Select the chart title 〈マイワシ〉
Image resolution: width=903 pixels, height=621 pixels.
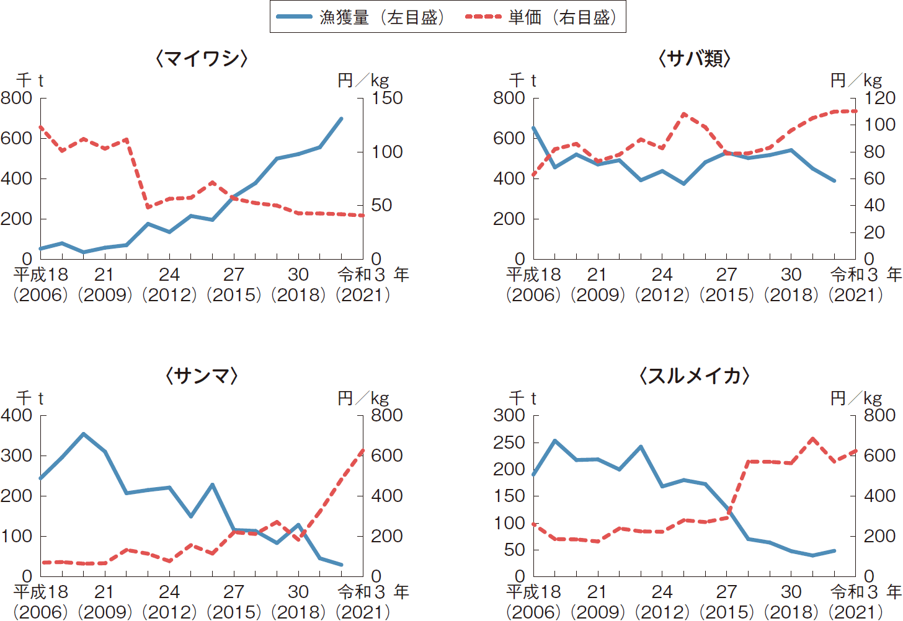202,59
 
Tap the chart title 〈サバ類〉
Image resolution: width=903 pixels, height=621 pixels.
694,59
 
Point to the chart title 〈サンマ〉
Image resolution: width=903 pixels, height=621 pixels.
202,376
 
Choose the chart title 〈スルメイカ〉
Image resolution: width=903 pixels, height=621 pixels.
694,376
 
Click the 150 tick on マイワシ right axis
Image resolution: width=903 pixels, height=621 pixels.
387,98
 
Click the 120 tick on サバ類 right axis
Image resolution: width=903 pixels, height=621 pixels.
879,98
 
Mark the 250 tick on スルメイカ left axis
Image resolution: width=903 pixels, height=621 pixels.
509,443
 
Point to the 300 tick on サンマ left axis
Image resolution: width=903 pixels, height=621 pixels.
17,456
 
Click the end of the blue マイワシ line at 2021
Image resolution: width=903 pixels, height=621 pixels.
342,118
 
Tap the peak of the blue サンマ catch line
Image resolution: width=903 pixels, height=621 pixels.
84,434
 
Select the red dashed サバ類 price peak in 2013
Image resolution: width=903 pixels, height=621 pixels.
683,115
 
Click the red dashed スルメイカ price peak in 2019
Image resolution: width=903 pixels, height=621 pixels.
812,439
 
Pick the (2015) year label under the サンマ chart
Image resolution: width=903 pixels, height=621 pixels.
234,612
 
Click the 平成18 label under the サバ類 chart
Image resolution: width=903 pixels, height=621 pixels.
533,275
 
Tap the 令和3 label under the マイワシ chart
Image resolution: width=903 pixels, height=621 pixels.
362,275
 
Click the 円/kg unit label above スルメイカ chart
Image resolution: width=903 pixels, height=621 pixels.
856,398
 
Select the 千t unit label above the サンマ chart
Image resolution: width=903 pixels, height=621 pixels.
30,398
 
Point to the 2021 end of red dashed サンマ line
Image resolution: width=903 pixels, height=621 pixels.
363,451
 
